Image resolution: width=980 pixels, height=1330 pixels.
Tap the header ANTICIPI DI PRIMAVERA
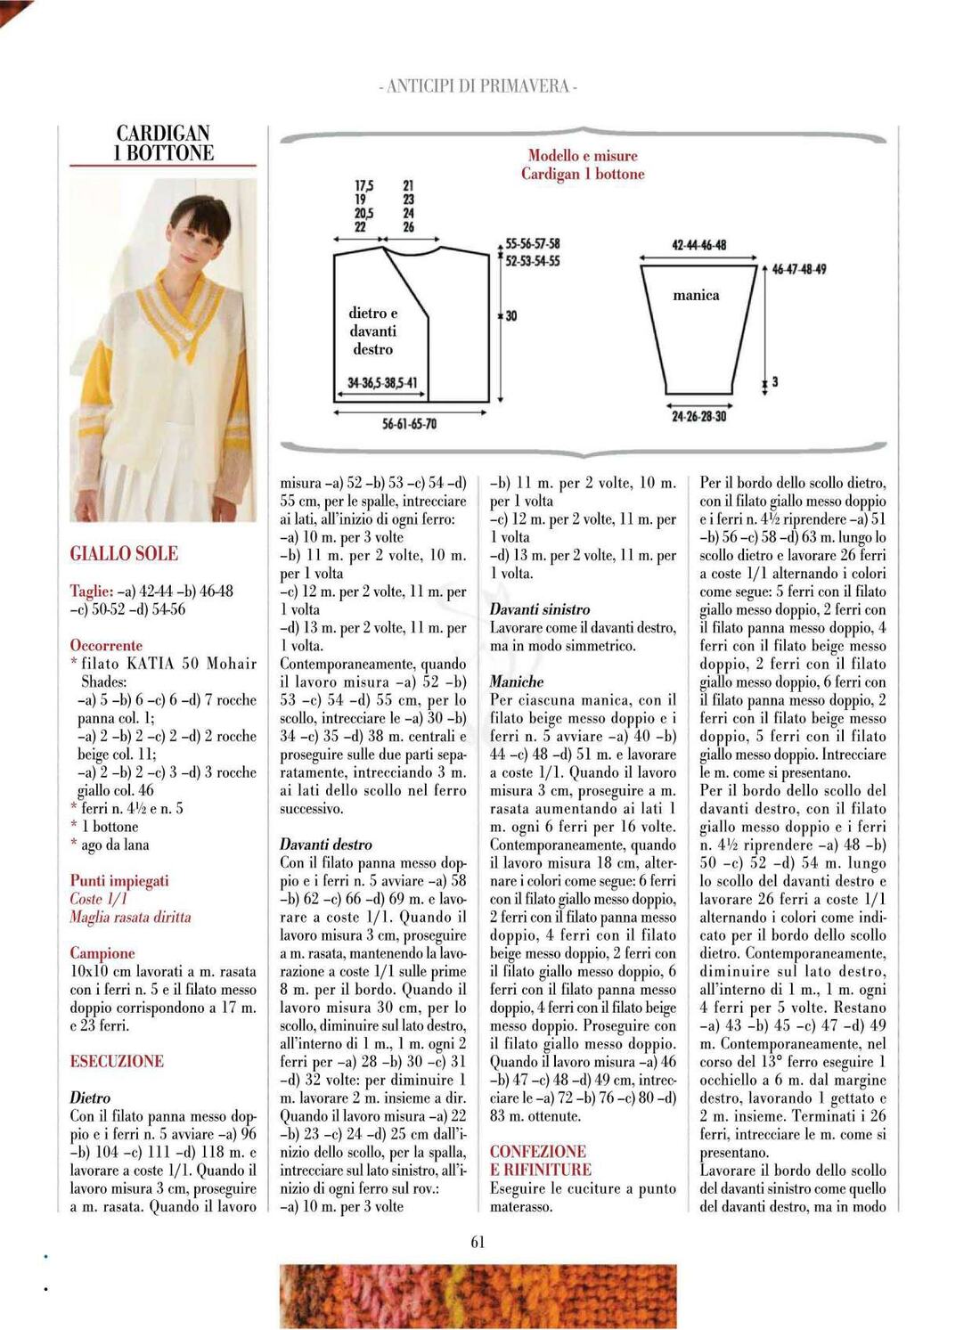478,86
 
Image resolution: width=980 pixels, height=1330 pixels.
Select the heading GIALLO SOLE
124,554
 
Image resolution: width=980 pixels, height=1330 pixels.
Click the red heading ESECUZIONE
117,1061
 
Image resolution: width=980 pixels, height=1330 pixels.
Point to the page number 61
478,1242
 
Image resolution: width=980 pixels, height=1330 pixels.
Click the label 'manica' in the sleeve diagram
696,296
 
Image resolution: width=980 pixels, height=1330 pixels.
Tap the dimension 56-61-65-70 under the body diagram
409,424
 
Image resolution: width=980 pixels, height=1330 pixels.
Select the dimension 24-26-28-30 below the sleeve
698,416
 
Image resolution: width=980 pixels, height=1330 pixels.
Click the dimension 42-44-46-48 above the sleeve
698,245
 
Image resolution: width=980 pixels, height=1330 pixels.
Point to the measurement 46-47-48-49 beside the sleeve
798,269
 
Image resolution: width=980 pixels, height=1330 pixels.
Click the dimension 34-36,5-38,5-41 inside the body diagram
381,384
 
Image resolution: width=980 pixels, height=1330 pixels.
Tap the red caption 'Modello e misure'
583,156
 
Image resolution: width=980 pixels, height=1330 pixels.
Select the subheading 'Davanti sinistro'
540,609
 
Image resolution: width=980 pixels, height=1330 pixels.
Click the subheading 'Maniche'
517,681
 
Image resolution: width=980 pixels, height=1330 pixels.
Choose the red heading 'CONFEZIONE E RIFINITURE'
540,1161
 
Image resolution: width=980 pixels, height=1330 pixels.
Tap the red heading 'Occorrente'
106,645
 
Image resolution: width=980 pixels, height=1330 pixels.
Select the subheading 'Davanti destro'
326,845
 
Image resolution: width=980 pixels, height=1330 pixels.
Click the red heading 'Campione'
102,953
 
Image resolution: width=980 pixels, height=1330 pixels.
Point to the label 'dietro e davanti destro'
372,331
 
